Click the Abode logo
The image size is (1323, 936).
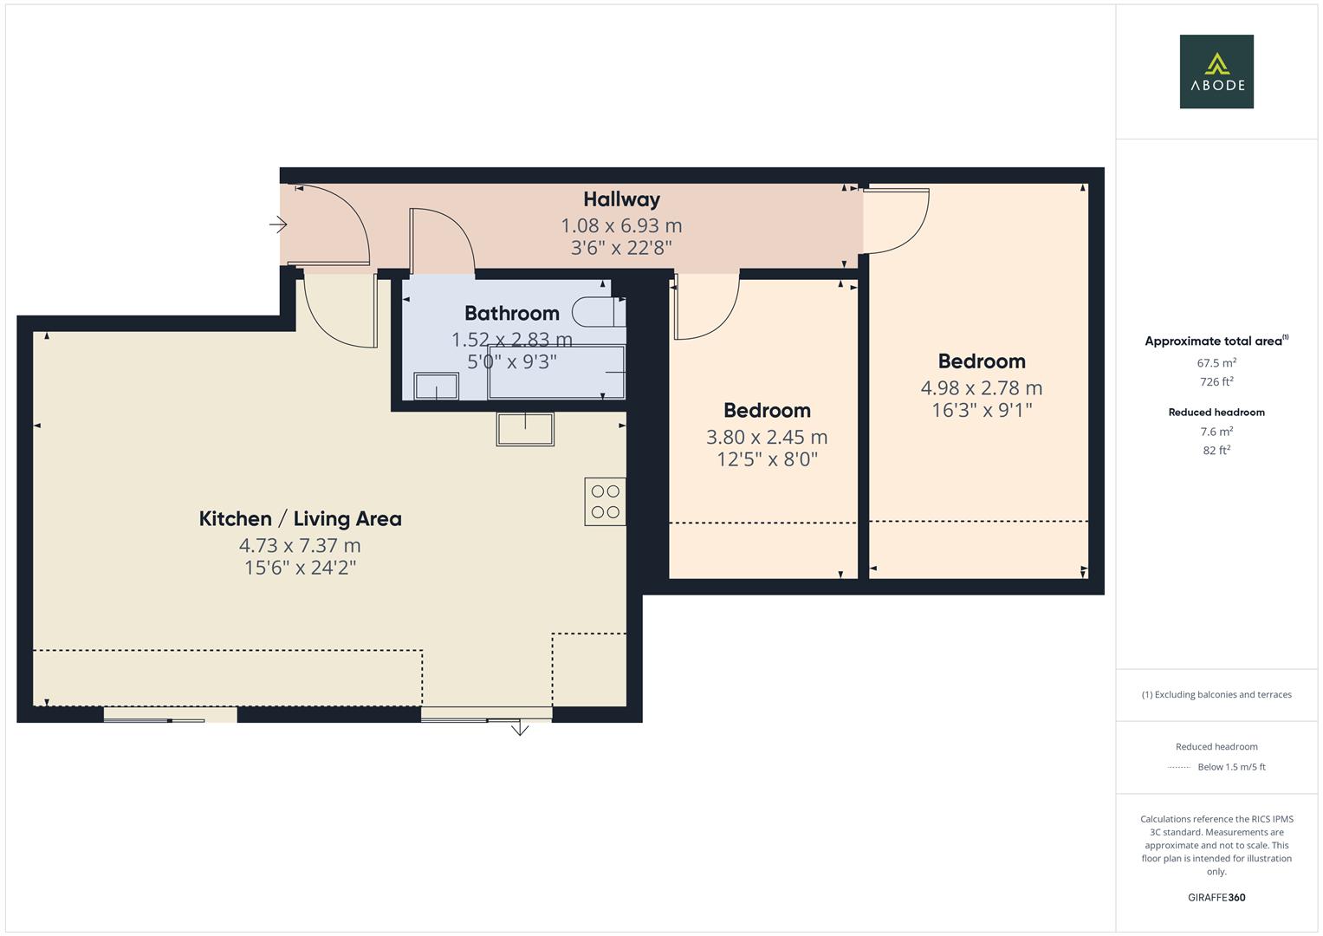coord(1216,71)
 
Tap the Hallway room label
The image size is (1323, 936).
coord(621,199)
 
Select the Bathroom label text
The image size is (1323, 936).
coord(511,313)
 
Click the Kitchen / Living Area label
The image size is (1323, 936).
coord(300,518)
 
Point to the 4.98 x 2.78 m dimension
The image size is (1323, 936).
coord(981,387)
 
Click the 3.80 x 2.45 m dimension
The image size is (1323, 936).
coord(766,437)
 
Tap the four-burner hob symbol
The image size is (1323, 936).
coord(605,502)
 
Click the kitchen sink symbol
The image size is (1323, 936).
coord(525,428)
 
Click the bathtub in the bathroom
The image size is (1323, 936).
coord(556,372)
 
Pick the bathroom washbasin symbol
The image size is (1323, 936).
coord(436,386)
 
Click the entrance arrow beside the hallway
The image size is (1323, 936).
coord(278,224)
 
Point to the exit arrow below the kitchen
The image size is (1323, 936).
coord(520,729)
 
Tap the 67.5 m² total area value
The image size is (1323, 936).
coord(1216,363)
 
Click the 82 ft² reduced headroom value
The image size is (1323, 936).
coord(1216,450)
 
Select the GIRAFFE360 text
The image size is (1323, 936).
coord(1216,897)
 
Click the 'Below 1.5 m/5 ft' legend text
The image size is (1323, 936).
coord(1230,767)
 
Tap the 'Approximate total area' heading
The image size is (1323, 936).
coord(1213,341)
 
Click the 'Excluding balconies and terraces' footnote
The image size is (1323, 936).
coord(1216,694)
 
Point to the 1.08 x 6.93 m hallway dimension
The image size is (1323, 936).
coord(621,225)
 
